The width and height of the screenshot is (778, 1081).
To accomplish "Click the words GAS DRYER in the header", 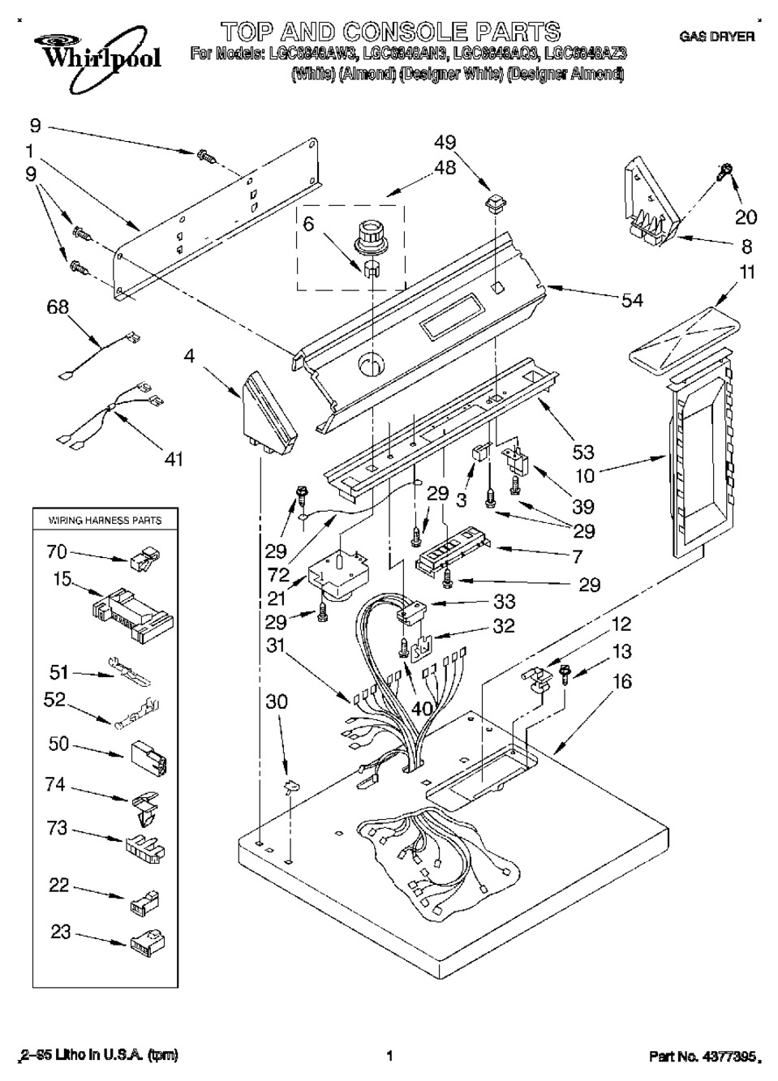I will pos(716,36).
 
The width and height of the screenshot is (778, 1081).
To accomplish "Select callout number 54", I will pos(631,300).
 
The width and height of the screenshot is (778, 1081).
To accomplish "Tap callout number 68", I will pos(58,307).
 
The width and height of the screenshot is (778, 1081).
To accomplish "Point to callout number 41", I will pos(173,459).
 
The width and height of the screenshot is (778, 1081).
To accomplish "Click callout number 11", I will pos(747,272).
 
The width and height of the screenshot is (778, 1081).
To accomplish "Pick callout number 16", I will pos(622,682).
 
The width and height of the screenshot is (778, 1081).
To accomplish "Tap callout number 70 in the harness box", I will pos(58,552).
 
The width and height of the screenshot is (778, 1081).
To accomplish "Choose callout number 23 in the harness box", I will pos(61,932).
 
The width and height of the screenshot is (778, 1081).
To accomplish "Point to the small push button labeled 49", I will pos(491,201).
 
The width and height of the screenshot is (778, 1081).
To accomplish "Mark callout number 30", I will pos(277,701).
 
